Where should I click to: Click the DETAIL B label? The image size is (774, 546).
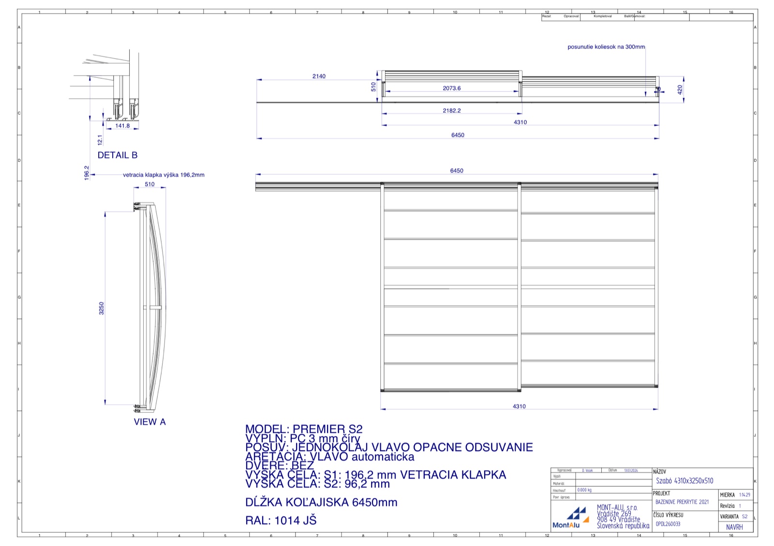pos(118,155)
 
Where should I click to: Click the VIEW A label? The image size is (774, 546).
pos(149,422)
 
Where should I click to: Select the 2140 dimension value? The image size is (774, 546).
pos(319,76)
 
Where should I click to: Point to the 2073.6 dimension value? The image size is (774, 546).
pos(451,88)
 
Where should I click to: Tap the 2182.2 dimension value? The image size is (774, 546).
pos(451,111)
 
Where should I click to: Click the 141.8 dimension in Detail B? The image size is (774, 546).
pos(122,126)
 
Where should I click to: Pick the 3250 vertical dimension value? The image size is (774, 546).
pos(102,308)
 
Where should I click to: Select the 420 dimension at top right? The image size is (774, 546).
pos(680,89)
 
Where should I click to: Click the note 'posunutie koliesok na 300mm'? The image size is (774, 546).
pos(606,47)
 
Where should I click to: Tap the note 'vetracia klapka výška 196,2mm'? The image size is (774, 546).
pos(164,175)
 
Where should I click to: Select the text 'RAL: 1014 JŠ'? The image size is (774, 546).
pos(281,520)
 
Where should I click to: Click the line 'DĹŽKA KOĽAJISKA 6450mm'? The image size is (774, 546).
pos(321,502)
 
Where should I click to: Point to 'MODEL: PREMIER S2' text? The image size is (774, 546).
pos(304,429)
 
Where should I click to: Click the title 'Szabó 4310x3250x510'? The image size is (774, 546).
pos(685,481)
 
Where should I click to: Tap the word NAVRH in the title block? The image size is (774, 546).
pos(734,527)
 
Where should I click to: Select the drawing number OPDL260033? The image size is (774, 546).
pos(668,524)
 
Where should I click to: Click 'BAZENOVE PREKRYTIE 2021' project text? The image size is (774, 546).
pos(682,502)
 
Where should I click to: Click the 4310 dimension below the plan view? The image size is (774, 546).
pos(519,406)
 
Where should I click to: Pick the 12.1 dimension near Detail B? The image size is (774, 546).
pos(100,140)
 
